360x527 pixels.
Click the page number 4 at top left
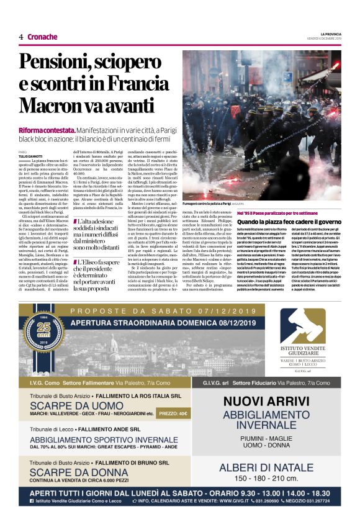pos(20,37)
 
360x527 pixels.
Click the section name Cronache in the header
pos(42,37)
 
